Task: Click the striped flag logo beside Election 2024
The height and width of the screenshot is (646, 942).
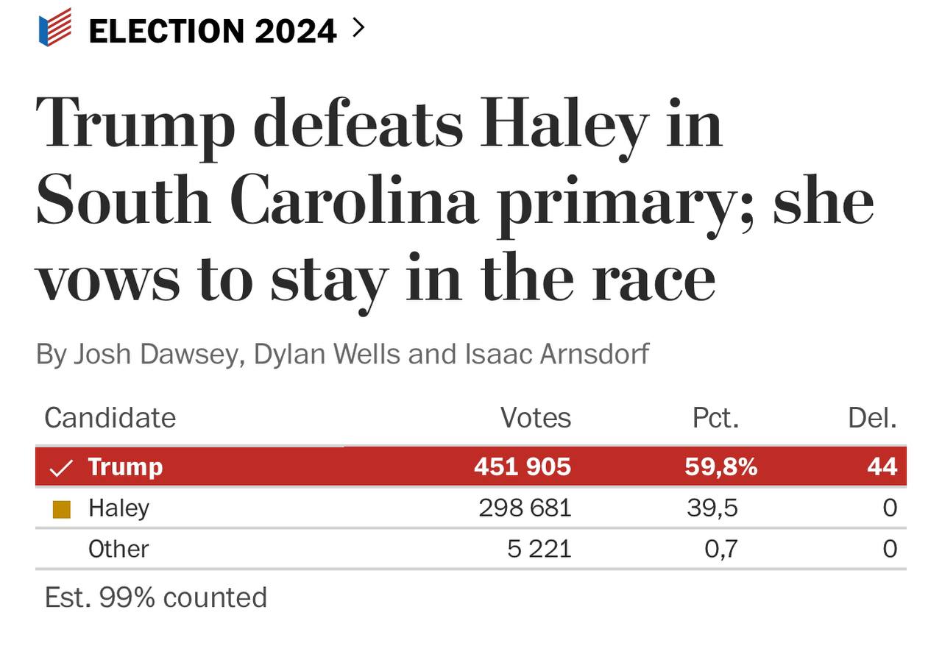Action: click(55, 28)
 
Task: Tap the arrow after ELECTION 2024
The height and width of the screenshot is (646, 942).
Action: click(358, 28)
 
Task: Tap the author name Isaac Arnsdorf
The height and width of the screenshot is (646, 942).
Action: click(557, 354)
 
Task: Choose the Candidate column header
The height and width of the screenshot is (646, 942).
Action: click(110, 418)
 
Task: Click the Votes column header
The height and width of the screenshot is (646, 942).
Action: click(536, 418)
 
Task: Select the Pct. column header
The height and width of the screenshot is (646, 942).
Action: click(715, 418)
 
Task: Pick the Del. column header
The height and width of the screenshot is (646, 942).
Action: click(873, 418)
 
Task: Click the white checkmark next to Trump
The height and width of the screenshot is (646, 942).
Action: click(61, 467)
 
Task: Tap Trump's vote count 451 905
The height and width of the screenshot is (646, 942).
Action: click(523, 466)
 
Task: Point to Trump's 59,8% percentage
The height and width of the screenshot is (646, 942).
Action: click(721, 466)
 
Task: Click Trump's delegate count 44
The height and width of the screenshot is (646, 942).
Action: click(882, 466)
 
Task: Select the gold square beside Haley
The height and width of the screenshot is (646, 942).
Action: click(62, 508)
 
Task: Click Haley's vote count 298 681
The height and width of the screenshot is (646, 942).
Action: click(525, 508)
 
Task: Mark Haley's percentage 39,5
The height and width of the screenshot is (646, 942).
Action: click(712, 508)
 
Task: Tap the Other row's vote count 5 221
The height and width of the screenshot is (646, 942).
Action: click(539, 549)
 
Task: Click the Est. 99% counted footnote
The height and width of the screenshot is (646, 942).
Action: click(155, 597)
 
